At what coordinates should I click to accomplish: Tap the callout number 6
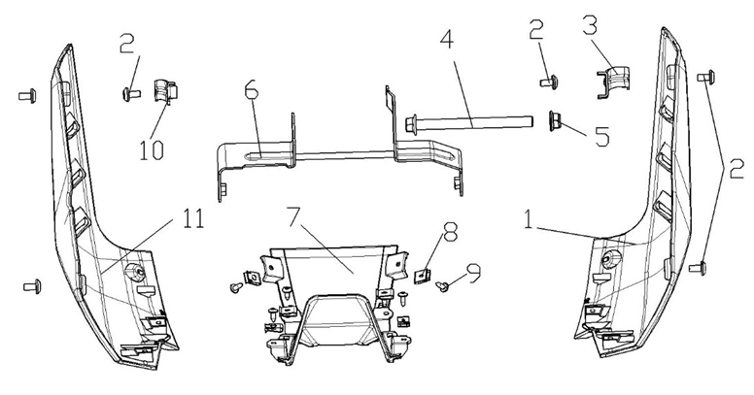point(252,90)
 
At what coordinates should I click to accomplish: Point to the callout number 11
point(193,218)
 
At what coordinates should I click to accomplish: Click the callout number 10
point(152,149)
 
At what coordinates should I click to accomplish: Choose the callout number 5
point(602,136)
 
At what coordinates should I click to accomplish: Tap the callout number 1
point(529,219)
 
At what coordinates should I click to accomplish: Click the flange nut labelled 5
point(555,120)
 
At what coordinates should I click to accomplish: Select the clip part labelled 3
point(613,82)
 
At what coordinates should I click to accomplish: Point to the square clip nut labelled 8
point(422,276)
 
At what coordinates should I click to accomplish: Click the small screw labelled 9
point(441,286)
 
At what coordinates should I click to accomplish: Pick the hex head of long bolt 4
point(411,125)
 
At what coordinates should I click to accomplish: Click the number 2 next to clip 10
point(127,44)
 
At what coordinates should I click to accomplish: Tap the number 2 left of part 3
point(535,30)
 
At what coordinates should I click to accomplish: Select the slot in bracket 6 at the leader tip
point(257,155)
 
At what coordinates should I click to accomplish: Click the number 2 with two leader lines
point(737,169)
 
